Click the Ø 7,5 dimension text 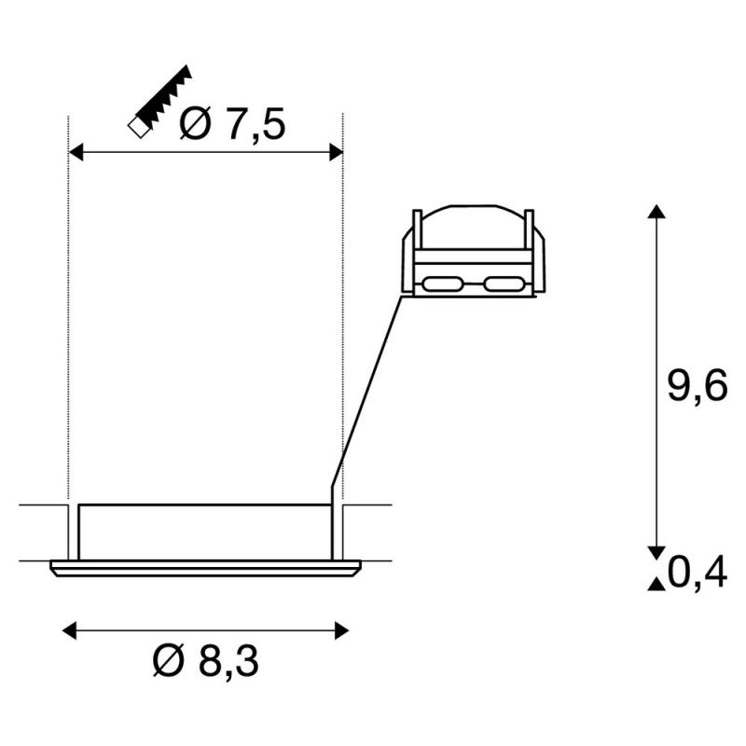(232, 124)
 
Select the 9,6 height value (698, 385)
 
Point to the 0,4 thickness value (698, 573)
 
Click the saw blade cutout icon (159, 101)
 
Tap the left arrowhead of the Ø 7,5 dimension (76, 153)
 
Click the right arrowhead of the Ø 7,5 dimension (336, 153)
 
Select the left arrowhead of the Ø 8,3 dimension (69, 631)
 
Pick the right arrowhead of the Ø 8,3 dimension (341, 631)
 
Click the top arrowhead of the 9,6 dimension (656, 212)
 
